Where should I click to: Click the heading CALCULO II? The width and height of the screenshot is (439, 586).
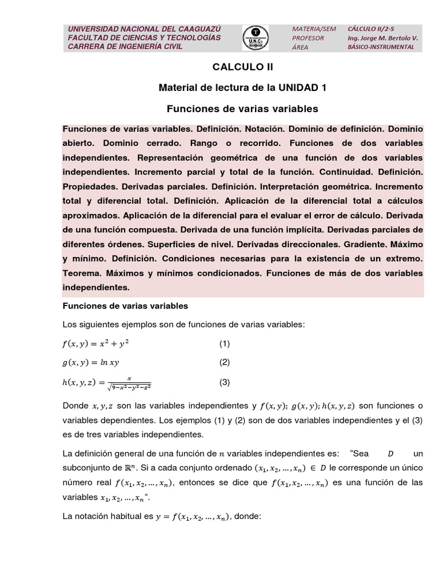pyautogui.click(x=243, y=67)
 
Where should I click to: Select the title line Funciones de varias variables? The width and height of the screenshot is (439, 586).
pyautogui.click(x=242, y=108)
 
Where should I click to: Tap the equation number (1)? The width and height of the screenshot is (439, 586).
pyautogui.click(x=224, y=344)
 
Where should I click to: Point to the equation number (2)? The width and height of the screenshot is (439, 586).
pyautogui.click(x=224, y=362)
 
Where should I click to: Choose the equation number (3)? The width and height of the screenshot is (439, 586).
pyautogui.click(x=224, y=382)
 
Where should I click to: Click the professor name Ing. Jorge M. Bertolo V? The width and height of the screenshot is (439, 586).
pyautogui.click(x=382, y=38)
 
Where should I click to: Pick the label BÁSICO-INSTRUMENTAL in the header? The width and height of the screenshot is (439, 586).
pyautogui.click(x=381, y=47)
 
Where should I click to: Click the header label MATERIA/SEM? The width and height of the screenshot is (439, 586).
pyautogui.click(x=314, y=28)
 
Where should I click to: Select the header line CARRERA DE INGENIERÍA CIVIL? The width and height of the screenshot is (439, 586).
pyautogui.click(x=125, y=46)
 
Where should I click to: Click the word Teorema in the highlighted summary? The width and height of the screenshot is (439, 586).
pyautogui.click(x=81, y=274)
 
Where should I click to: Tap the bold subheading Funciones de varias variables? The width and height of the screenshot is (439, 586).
pyautogui.click(x=125, y=306)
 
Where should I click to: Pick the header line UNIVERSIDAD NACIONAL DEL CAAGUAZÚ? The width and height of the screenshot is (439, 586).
pyautogui.click(x=144, y=29)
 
